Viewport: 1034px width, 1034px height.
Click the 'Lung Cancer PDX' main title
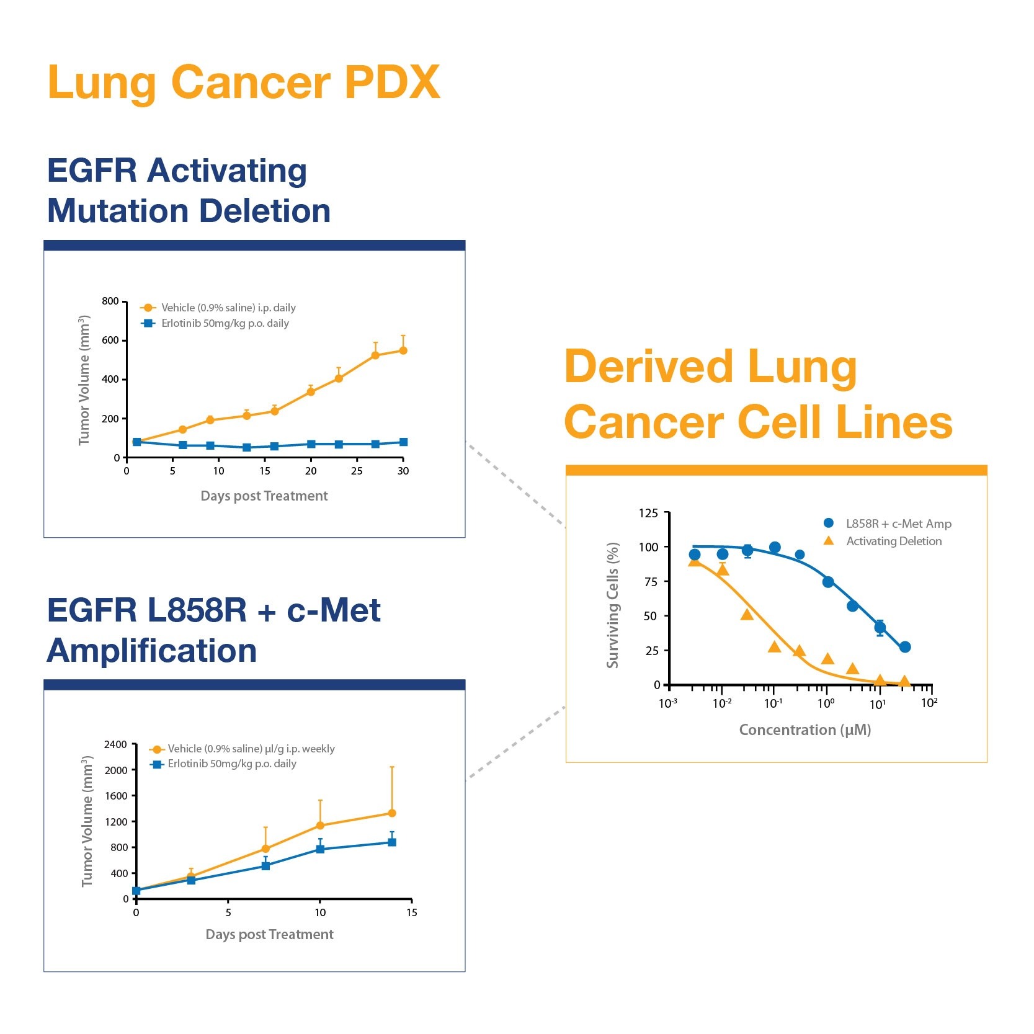click(x=244, y=82)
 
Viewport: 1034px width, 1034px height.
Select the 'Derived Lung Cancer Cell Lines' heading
click(x=758, y=394)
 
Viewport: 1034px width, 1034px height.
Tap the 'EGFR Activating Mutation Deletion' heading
click(x=189, y=190)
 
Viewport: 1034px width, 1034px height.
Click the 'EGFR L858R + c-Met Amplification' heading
click(x=213, y=630)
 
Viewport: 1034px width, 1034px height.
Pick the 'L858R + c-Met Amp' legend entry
click(x=898, y=524)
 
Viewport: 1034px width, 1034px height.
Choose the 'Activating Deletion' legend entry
click(x=893, y=541)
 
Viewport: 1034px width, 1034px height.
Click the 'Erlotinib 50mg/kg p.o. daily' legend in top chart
click(x=225, y=323)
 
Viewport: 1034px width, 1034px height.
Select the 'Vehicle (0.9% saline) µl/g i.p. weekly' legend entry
click(x=251, y=749)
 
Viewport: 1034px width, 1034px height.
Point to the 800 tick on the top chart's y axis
click(x=110, y=301)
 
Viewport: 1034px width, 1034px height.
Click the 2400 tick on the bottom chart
click(x=115, y=744)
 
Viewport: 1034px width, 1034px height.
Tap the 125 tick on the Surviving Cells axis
click(x=649, y=513)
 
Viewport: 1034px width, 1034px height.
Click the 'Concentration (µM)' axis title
click(x=805, y=730)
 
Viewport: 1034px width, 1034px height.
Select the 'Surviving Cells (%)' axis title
click(x=613, y=605)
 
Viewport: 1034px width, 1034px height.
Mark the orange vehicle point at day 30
click(x=403, y=350)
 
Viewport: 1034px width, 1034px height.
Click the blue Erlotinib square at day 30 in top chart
click(x=403, y=442)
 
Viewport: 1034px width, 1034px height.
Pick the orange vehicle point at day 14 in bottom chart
click(x=392, y=813)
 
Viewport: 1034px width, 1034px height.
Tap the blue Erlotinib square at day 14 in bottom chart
click(x=392, y=842)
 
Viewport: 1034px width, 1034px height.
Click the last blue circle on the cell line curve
click(x=905, y=647)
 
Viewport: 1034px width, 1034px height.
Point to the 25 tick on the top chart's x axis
click(x=357, y=471)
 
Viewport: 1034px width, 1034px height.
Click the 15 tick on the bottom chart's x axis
click(x=412, y=912)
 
